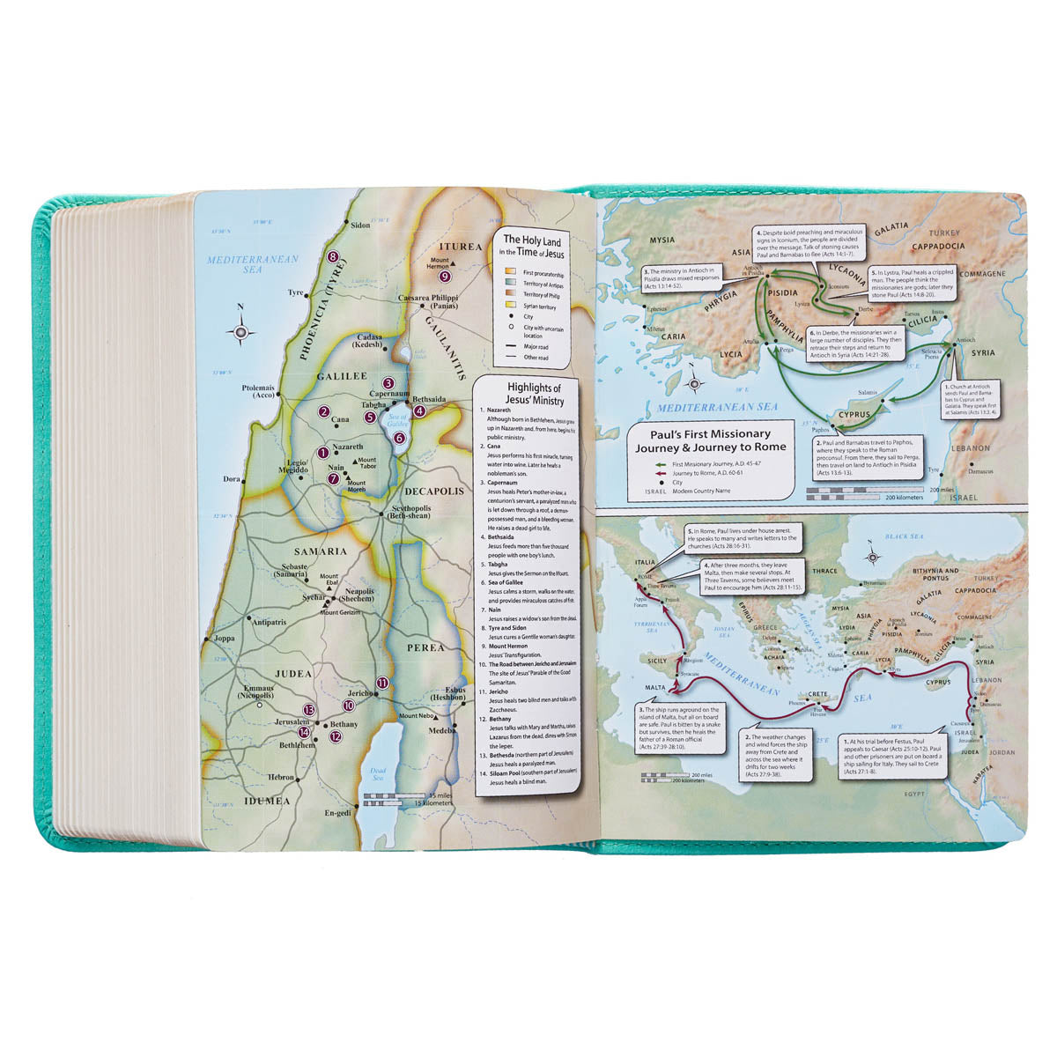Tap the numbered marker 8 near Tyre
tap(333, 257)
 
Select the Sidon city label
tap(359, 225)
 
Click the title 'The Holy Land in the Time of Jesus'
tap(534, 245)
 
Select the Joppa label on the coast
tap(225, 638)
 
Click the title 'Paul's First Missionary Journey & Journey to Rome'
tap(710, 440)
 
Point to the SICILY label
tap(658, 660)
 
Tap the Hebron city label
tap(282, 778)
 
